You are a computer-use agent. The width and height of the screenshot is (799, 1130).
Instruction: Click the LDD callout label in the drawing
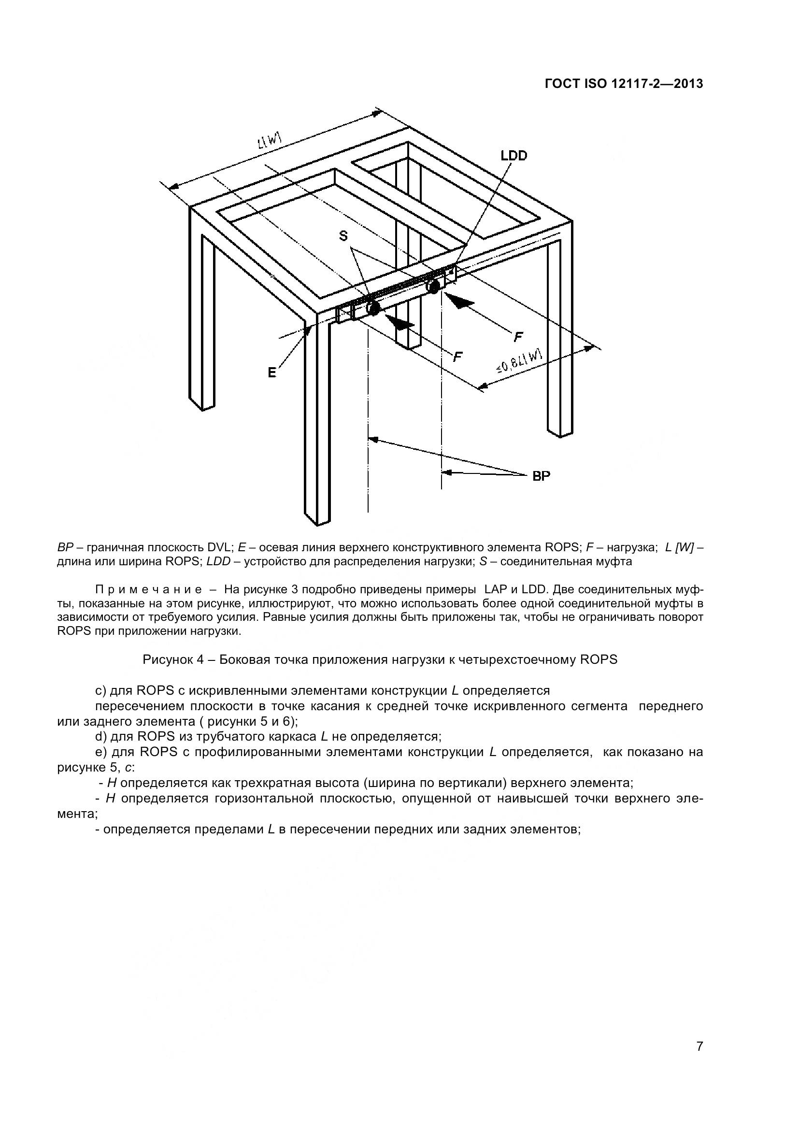514,156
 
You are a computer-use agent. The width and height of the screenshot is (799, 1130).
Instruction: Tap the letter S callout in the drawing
343,236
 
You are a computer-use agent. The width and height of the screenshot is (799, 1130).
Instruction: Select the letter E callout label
272,373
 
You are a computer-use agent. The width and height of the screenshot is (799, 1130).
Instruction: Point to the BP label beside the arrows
541,476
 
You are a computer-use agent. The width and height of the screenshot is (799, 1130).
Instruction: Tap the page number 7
699,1060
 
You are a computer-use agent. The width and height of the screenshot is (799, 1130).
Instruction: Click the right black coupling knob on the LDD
434,287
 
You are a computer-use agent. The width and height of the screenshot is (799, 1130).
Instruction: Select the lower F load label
457,357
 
